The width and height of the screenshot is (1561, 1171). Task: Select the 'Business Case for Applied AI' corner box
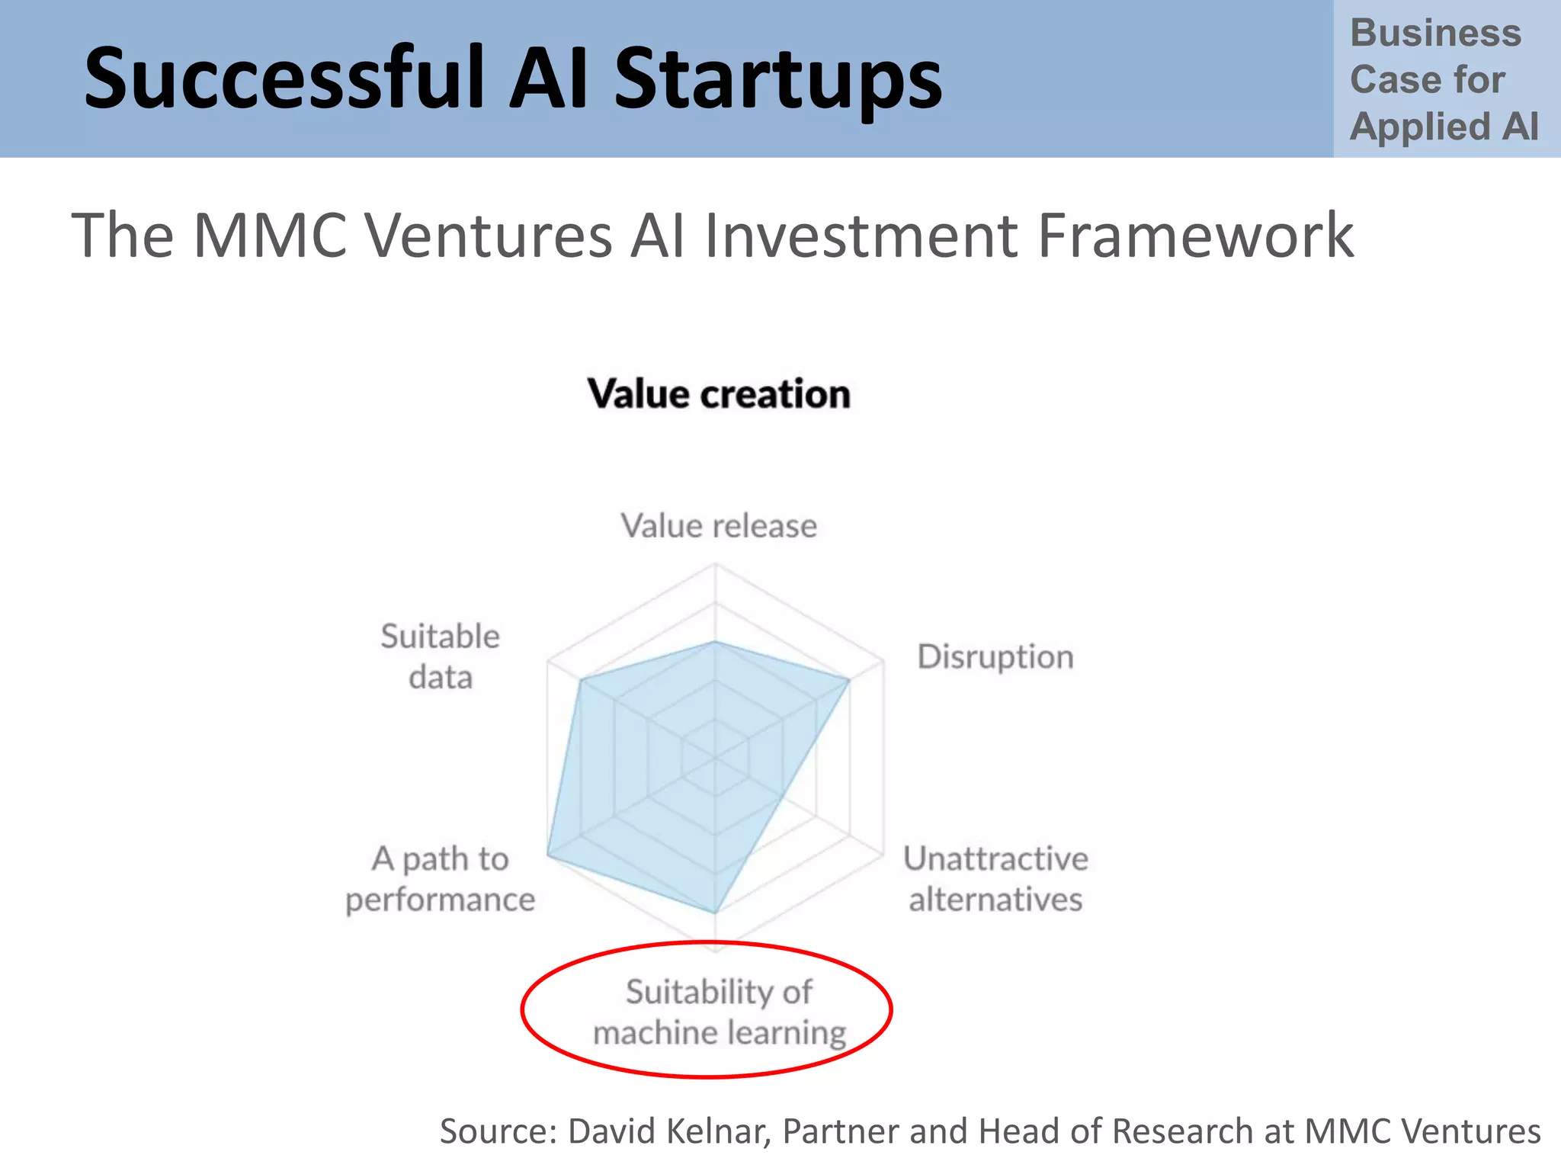coord(1444,79)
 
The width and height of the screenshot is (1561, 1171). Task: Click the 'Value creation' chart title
coord(719,394)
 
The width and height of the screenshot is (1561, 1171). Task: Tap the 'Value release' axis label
coord(719,526)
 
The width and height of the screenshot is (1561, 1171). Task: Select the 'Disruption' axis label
coord(995,656)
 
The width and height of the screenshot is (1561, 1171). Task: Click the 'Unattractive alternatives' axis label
coord(995,879)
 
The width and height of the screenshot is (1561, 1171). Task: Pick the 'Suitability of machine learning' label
coord(719,1012)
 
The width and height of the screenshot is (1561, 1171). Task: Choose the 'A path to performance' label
coord(441,879)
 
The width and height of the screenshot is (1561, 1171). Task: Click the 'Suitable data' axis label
coord(441,656)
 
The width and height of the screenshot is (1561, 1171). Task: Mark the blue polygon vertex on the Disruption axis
coord(849,679)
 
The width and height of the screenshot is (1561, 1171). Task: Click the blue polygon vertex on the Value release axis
coord(715,642)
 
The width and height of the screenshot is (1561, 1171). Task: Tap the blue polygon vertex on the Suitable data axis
coord(580,679)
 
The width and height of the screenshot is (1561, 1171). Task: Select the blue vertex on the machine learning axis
coord(715,913)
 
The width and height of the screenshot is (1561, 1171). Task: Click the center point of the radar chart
coord(715,759)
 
